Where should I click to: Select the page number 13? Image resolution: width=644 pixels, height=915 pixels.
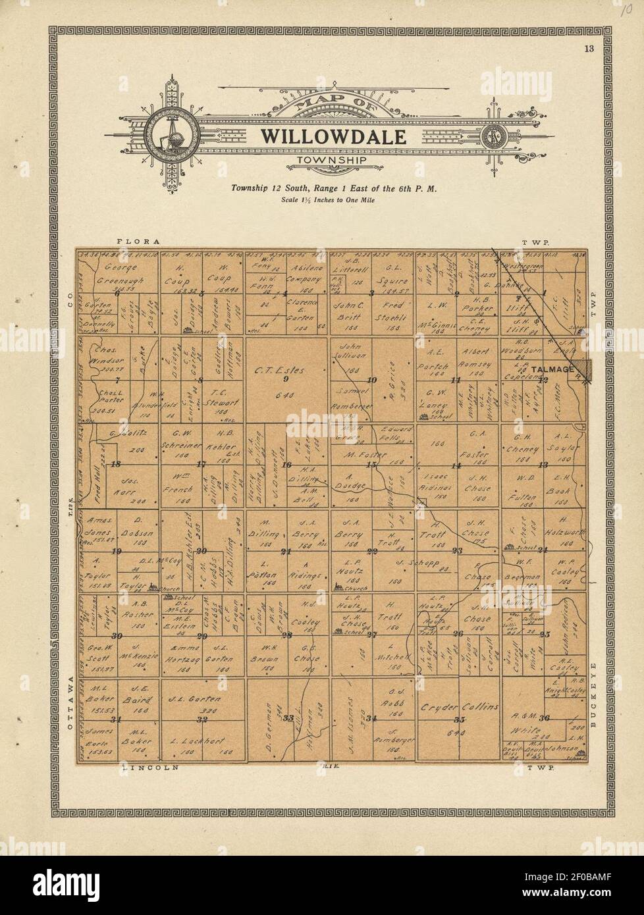coord(589,48)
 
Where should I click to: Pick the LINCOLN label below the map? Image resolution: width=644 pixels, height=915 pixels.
coord(151,767)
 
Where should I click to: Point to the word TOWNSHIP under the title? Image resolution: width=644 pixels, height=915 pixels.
coord(331,160)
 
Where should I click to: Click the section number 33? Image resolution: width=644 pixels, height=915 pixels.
coord(288,718)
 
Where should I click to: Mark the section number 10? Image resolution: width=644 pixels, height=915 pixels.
coord(372,380)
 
